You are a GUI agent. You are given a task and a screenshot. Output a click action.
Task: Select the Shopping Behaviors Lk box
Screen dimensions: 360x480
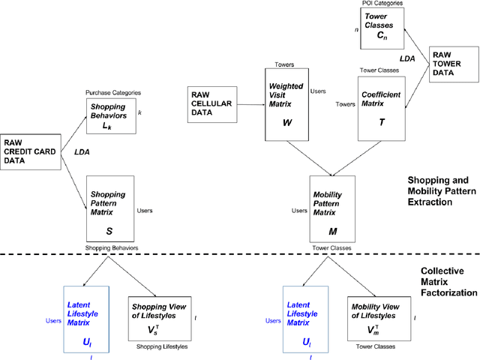[111, 117]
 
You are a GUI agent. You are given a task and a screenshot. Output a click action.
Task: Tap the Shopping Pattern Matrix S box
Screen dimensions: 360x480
[111, 210]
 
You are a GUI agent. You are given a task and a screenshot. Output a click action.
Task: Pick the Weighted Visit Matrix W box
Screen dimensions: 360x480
[287, 105]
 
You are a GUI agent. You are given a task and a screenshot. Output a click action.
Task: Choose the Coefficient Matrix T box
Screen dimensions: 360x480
[381, 105]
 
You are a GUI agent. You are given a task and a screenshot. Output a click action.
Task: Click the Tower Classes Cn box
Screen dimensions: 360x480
[382, 28]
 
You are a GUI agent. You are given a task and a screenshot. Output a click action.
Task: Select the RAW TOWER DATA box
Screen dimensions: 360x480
[450, 68]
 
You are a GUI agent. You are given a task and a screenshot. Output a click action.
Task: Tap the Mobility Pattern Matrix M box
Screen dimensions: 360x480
[333, 208]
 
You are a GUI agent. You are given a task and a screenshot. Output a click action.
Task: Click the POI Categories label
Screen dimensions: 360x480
[383, 4]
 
